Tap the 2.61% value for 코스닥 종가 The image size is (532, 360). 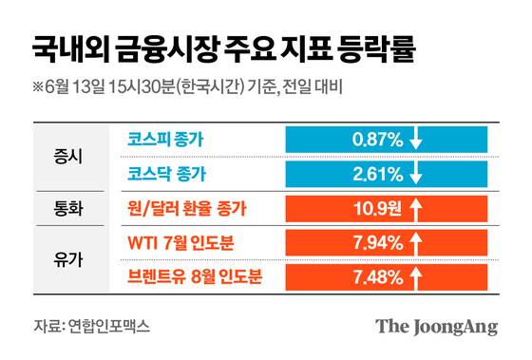(377, 174)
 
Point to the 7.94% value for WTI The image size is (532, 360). (378, 242)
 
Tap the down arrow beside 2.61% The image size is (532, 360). (415, 175)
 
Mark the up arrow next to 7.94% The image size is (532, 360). (416, 242)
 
